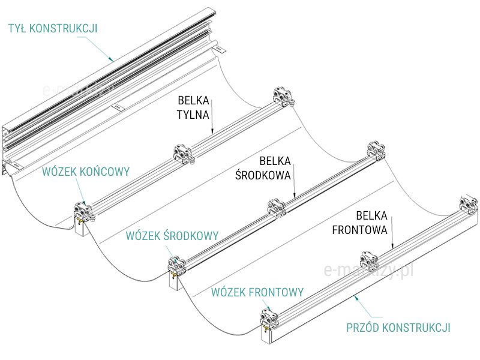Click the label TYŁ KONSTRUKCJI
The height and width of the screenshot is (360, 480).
point(53,28)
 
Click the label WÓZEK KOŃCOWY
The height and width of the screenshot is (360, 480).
point(86,172)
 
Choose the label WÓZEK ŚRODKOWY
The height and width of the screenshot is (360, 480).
point(172,235)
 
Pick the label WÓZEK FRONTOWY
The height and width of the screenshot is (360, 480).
point(257,292)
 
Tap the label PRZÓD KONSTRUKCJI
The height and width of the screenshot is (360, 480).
point(398,328)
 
